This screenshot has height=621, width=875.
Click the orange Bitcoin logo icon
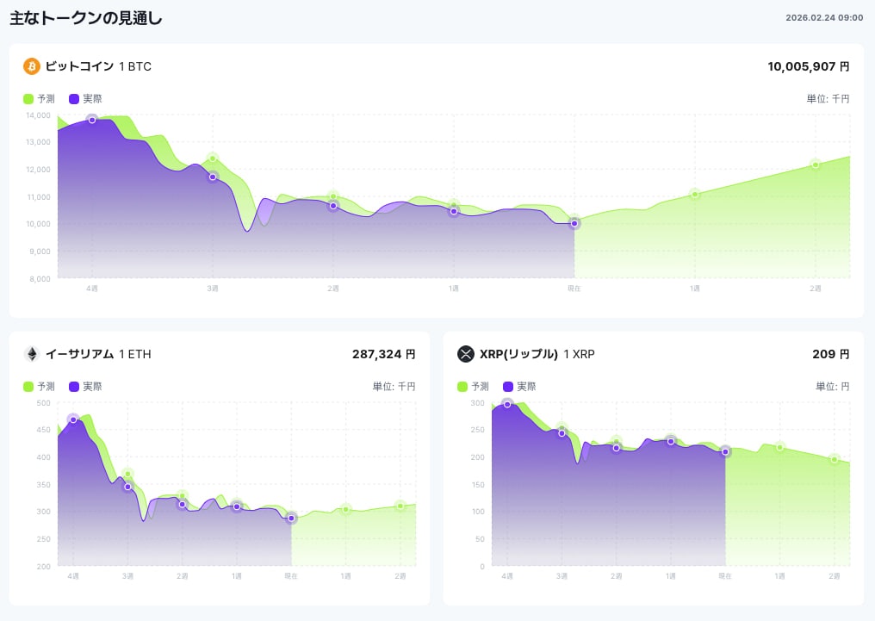[32, 66]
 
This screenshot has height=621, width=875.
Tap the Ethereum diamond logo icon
[32, 354]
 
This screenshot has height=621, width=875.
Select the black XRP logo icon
[466, 354]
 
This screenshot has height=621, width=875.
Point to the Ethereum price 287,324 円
[383, 354]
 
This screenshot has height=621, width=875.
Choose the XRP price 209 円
[830, 354]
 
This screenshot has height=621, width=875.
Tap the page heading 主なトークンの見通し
[85, 18]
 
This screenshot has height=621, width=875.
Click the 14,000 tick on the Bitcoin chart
[38, 115]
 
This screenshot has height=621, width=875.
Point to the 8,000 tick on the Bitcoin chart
[40, 278]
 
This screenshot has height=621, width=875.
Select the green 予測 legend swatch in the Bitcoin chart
[28, 99]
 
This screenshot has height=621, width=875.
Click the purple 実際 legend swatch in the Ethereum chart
[74, 387]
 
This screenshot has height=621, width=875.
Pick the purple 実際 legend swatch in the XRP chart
[508, 387]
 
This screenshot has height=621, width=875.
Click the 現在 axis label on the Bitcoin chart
[574, 288]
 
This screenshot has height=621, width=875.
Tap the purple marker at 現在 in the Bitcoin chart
[574, 223]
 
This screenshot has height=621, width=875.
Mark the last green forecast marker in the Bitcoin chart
[816, 165]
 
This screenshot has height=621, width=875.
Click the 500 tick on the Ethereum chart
[43, 402]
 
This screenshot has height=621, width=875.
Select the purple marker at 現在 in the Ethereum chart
[291, 518]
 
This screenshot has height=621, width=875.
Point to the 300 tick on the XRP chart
[477, 402]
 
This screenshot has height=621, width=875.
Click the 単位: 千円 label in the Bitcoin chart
[828, 99]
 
